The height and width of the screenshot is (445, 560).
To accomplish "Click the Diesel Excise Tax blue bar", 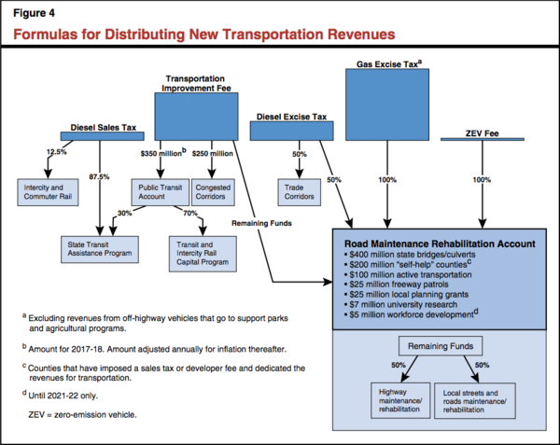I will (x=292, y=132).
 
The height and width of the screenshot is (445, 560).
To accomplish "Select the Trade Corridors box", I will (x=299, y=193).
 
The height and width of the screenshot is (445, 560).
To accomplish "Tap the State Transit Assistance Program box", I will (x=101, y=248).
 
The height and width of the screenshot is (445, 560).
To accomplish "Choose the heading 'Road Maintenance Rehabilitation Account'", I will (x=439, y=242).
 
